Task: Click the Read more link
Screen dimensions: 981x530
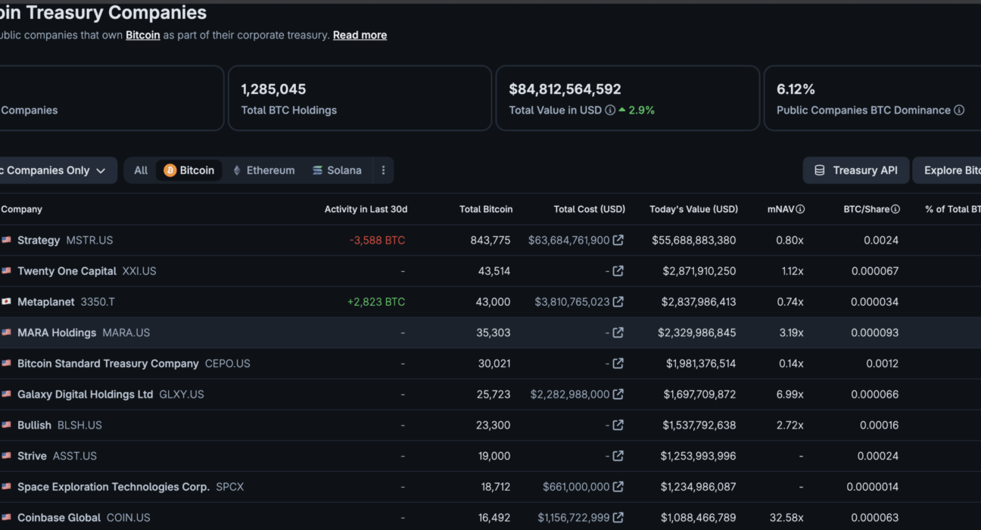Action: (360, 35)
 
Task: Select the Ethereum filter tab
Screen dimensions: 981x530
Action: (263, 170)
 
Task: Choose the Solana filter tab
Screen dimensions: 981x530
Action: (337, 170)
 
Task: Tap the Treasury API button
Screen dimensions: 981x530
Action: (856, 170)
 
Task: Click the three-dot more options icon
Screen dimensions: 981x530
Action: (383, 170)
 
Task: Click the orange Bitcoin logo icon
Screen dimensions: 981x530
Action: (170, 170)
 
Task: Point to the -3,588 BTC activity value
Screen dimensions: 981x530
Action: (377, 240)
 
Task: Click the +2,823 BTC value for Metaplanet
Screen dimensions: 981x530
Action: (376, 302)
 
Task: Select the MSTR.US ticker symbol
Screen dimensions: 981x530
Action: (89, 240)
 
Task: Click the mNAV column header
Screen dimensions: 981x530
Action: (780, 210)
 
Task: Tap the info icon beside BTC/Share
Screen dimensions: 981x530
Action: (895, 210)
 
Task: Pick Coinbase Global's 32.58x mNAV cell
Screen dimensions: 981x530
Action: (786, 518)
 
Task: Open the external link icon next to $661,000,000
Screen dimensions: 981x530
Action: (618, 487)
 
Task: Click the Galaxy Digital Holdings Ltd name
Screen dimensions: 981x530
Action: (86, 394)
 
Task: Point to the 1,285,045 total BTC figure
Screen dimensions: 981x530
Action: (273, 89)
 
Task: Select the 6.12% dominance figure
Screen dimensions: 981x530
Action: (796, 89)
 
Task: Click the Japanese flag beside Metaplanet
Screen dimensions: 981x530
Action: (6, 301)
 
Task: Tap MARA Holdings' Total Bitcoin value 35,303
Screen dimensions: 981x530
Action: (493, 333)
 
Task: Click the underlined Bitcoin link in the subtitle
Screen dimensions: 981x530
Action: (143, 35)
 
